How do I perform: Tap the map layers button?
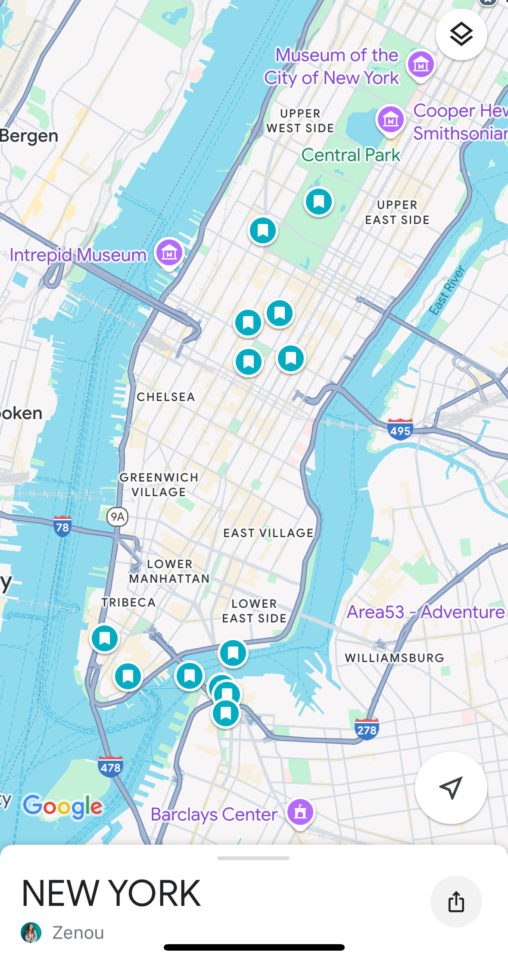[x=461, y=34]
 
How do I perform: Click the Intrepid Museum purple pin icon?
[x=169, y=253]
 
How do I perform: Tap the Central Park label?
[x=351, y=155]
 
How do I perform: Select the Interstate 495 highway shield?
[x=400, y=429]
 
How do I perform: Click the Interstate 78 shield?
[x=62, y=526]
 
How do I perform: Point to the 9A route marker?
[x=117, y=516]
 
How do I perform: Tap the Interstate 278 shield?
[x=367, y=729]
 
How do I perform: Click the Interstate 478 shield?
[x=111, y=767]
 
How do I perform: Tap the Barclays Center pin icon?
[x=300, y=812]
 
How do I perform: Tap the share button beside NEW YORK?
[x=456, y=901]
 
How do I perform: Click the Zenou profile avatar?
[x=31, y=933]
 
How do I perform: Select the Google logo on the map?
[x=63, y=806]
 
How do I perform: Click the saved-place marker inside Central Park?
[x=319, y=202]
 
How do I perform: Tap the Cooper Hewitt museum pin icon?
[x=391, y=120]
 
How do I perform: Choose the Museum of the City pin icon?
[x=421, y=65]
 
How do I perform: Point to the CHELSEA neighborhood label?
[x=166, y=397]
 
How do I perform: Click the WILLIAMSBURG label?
[x=394, y=658]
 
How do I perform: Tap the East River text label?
[x=447, y=290]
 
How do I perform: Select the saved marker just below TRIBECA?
[x=105, y=638]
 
